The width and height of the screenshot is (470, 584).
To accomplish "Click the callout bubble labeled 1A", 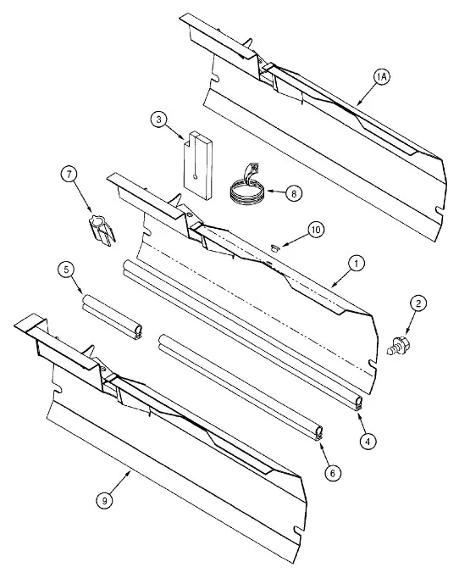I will [381, 77].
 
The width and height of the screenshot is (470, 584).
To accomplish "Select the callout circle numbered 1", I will [357, 264].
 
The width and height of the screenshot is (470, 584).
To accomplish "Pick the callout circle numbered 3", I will [158, 120].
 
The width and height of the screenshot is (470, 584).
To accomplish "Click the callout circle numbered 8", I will [294, 192].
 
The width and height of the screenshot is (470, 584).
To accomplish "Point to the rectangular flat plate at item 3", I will [196, 164].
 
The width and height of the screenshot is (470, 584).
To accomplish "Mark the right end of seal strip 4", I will [358, 403].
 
